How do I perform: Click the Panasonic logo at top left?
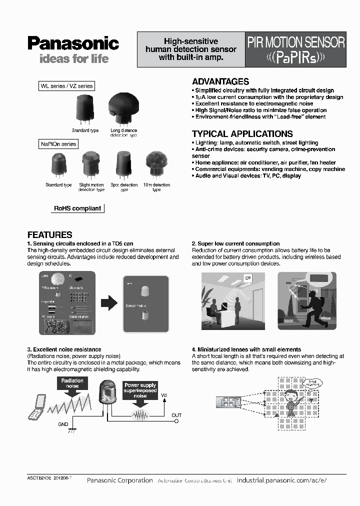click(x=73, y=43)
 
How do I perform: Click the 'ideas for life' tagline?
click(x=73, y=59)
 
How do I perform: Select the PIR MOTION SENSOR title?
click(x=296, y=42)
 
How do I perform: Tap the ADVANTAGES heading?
click(x=220, y=81)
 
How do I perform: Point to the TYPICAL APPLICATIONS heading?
click(x=242, y=134)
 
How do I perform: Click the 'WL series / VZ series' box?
click(x=66, y=86)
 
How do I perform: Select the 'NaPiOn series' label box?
click(x=58, y=144)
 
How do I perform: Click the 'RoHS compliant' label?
click(x=77, y=208)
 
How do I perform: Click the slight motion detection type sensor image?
click(x=91, y=165)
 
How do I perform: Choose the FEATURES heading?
click(x=49, y=234)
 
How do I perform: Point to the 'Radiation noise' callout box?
click(x=72, y=383)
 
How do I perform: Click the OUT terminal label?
click(x=176, y=415)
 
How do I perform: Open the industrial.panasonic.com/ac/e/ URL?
click(x=281, y=480)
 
